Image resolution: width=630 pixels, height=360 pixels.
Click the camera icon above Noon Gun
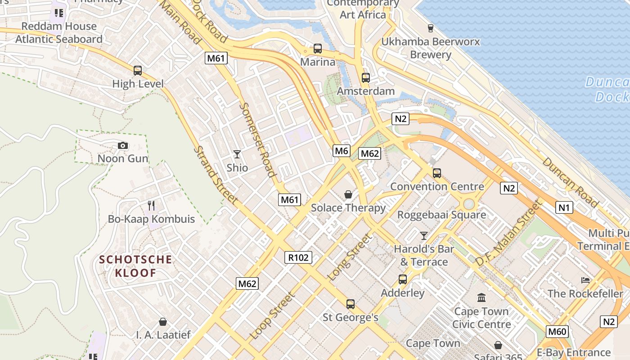click(122, 145)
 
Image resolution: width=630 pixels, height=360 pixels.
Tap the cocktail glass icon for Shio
click(237, 154)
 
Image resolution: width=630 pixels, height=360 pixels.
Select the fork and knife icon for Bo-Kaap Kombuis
click(151, 206)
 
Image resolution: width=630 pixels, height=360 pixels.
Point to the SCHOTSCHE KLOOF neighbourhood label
click(135, 266)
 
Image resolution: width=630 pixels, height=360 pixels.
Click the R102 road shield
click(298, 257)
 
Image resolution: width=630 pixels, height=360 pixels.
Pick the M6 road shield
click(342, 151)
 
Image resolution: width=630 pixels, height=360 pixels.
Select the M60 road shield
click(558, 332)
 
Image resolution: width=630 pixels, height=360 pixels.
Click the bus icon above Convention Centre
click(436, 173)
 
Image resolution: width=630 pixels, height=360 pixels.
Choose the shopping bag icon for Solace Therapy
click(348, 194)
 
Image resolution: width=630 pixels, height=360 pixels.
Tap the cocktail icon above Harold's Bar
click(423, 235)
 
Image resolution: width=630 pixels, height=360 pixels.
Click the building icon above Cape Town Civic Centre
click(481, 298)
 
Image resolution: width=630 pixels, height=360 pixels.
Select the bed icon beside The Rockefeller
click(585, 280)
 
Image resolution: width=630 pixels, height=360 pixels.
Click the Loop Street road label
click(273, 315)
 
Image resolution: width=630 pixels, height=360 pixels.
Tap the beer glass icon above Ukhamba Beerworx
click(431, 28)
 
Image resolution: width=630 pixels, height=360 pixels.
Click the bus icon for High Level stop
click(138, 71)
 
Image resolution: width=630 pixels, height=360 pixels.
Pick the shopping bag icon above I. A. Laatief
click(163, 322)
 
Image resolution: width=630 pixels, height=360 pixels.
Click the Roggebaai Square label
click(441, 215)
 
